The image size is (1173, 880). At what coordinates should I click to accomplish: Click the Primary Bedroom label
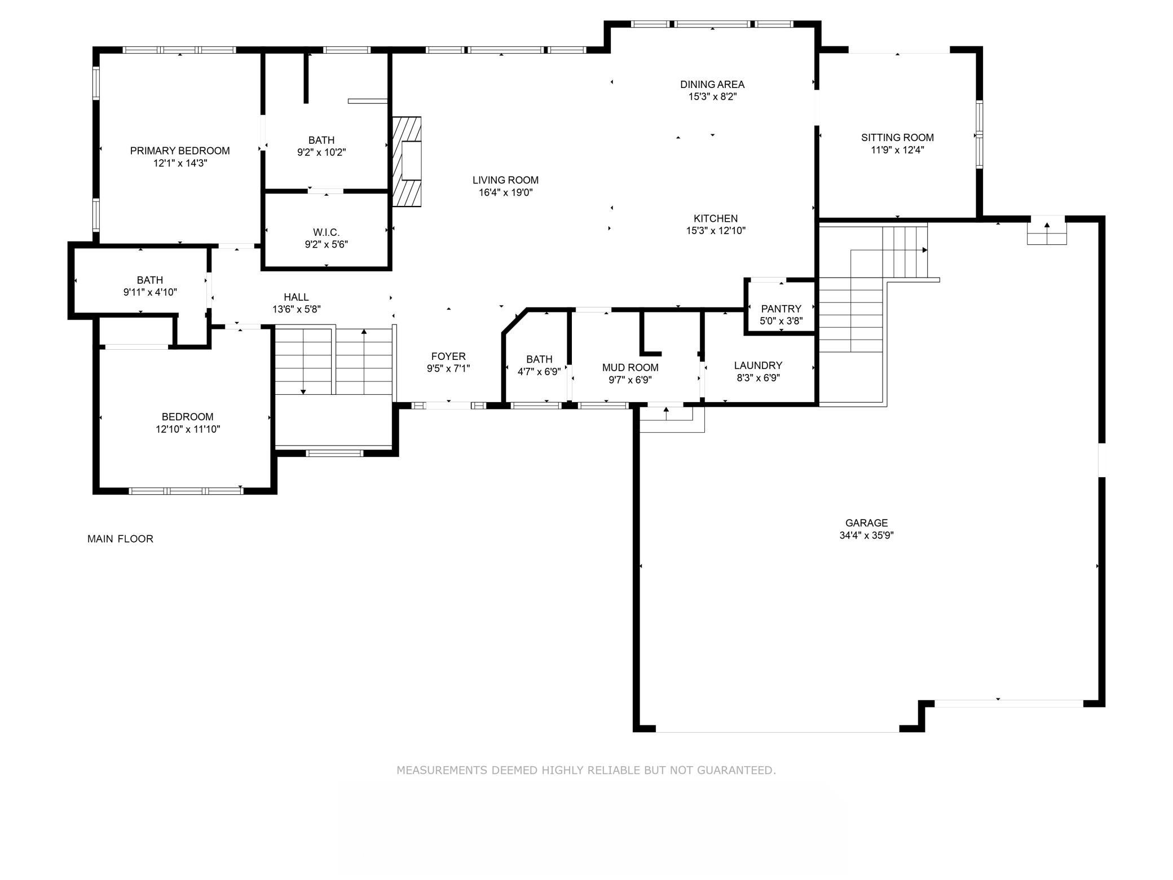tap(180, 151)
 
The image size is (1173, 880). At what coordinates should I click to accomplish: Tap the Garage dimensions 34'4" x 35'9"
tap(866, 535)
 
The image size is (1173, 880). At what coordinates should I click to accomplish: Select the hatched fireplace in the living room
tap(407, 161)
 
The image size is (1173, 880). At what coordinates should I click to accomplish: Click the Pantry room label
tap(781, 309)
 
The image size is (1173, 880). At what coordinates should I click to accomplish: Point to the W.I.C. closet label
tap(326, 232)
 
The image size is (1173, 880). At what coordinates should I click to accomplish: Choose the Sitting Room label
tap(897, 137)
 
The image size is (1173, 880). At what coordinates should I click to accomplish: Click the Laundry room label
tap(758, 366)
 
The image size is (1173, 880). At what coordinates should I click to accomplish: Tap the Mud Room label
tap(630, 368)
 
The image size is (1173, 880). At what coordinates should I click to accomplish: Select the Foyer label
tap(448, 357)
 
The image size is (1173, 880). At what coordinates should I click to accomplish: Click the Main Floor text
tap(120, 539)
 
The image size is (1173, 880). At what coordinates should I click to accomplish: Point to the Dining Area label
tap(712, 85)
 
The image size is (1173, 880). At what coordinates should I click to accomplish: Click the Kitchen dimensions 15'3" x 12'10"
tap(716, 231)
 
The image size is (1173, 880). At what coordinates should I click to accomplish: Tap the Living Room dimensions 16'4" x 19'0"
tap(505, 192)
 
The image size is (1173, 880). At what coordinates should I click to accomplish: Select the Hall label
tap(296, 297)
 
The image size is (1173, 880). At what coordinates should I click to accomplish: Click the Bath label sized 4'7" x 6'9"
tap(539, 359)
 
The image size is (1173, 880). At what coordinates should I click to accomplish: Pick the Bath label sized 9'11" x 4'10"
tap(150, 280)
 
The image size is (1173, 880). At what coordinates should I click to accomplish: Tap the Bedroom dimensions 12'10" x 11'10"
tap(188, 429)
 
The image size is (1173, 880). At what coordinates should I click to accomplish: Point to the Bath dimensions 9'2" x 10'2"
tap(321, 152)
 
